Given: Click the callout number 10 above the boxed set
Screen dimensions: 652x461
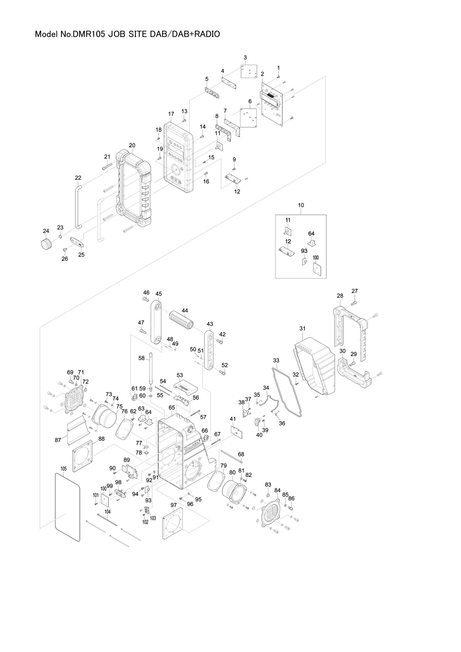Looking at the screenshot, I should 301,205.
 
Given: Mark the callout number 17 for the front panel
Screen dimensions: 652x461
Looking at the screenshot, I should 171,114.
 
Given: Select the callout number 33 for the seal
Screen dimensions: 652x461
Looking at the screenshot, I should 276,360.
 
